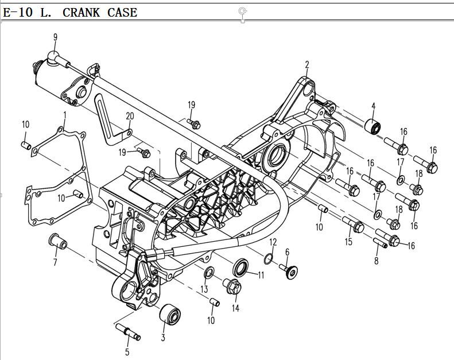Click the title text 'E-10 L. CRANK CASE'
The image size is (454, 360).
click(x=70, y=12)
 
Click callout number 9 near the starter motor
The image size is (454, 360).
click(x=55, y=37)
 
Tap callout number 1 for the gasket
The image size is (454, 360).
click(x=65, y=115)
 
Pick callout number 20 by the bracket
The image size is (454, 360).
click(x=130, y=116)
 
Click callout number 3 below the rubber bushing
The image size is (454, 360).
click(x=163, y=337)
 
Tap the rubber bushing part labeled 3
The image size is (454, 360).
click(x=170, y=315)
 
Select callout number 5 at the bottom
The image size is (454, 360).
click(x=127, y=351)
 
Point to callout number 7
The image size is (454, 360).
click(x=55, y=263)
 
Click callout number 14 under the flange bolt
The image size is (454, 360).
click(x=235, y=308)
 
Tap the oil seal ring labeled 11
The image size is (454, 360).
click(x=241, y=268)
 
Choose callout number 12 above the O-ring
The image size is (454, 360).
click(x=273, y=241)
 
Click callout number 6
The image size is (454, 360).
click(x=287, y=251)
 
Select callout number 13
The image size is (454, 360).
click(x=204, y=288)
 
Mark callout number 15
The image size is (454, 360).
click(x=348, y=242)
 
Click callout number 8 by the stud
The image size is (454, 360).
click(x=377, y=261)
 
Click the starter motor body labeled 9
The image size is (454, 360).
click(x=57, y=78)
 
